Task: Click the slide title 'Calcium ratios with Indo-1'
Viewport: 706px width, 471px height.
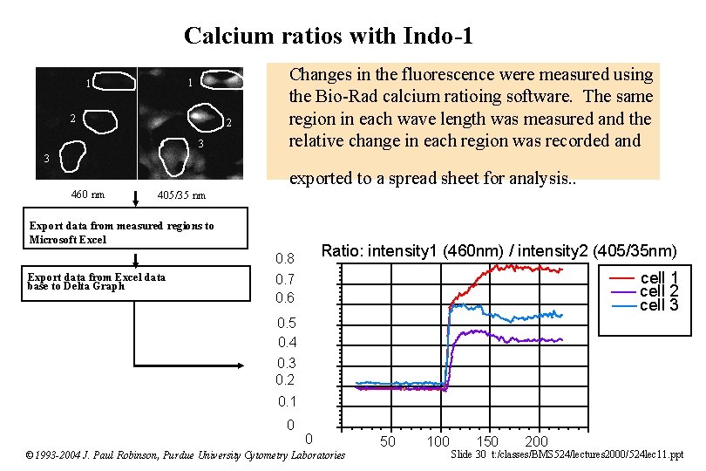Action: click(329, 36)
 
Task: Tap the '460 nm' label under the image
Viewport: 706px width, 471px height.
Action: click(87, 195)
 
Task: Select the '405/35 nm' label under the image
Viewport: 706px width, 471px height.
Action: click(181, 195)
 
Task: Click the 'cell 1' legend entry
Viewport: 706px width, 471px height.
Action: click(659, 278)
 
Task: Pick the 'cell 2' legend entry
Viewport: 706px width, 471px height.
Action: click(659, 291)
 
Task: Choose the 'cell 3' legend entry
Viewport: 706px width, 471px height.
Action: click(659, 304)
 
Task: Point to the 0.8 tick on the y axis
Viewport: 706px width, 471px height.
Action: click(285, 259)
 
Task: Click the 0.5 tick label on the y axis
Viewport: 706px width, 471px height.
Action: click(285, 323)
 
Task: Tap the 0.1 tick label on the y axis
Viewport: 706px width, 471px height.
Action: click(287, 401)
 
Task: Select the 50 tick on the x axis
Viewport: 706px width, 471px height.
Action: click(388, 441)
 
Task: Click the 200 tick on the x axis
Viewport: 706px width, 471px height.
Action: click(536, 442)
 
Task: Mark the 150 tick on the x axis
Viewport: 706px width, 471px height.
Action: click(487, 441)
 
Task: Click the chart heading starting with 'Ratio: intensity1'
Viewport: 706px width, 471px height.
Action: click(499, 251)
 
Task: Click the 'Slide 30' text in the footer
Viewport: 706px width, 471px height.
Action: click(469, 454)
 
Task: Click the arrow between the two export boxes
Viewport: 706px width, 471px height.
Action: click(135, 259)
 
